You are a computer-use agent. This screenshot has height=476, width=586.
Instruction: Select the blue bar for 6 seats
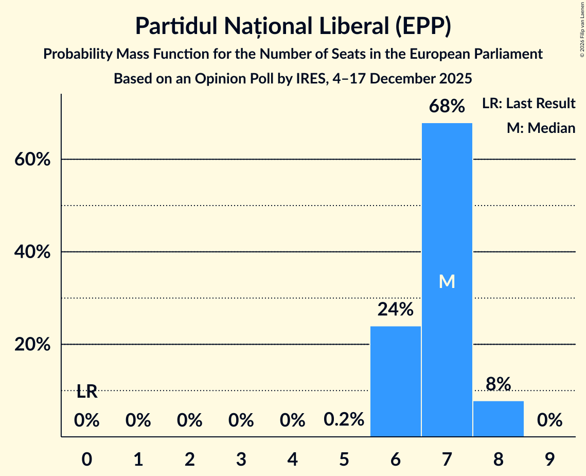coord(395,381)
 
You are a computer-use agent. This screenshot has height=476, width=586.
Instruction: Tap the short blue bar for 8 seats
coord(498,418)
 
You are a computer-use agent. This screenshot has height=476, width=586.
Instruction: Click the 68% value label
coord(447,107)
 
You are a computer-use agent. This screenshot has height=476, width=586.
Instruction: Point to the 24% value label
coord(395,310)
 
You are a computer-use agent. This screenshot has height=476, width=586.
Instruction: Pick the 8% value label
coord(498,384)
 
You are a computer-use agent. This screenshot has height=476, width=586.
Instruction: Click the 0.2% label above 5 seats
coord(344,420)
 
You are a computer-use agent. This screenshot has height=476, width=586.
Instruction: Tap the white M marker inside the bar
coord(447,281)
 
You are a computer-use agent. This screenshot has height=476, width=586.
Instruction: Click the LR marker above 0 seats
coord(87,392)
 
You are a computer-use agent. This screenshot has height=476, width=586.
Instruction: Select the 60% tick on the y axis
coord(32,160)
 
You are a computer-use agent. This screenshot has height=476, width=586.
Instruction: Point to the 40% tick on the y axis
coord(32,252)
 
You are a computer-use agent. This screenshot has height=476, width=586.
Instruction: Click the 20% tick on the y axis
coord(32,345)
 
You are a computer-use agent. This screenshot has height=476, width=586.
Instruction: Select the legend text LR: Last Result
coord(528,104)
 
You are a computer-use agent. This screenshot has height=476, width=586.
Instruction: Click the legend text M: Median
coord(541,128)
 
